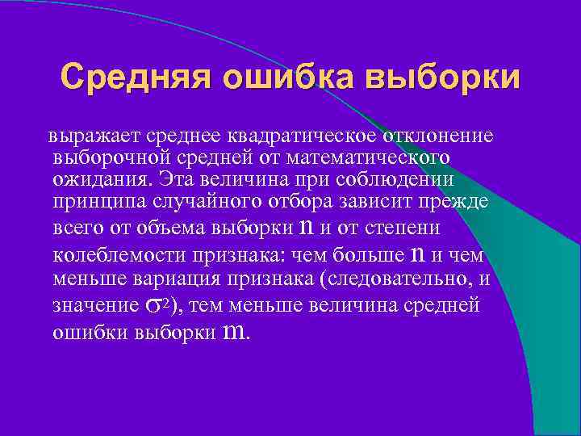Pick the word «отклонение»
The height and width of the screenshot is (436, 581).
(419, 132)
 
